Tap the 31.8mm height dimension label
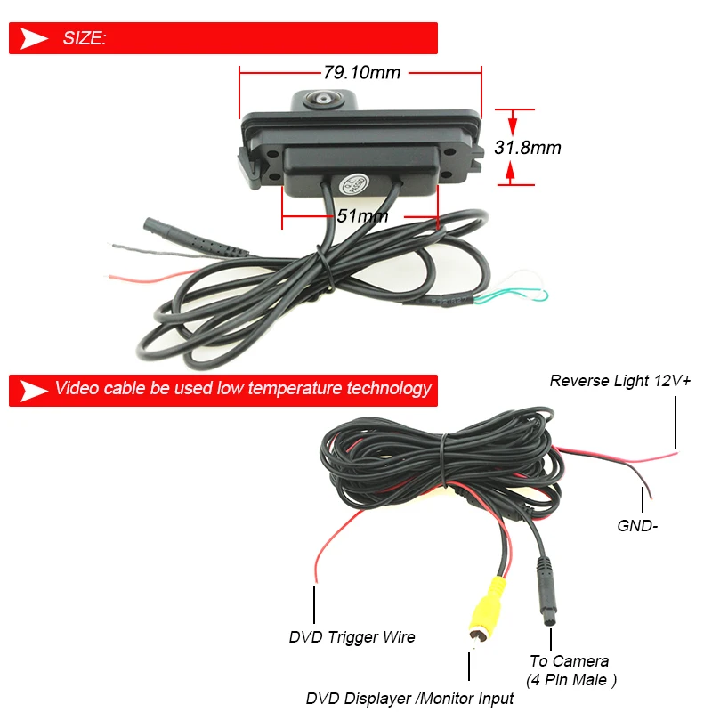coord(528,148)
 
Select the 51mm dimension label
coord(362,215)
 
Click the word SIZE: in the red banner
coord(85,38)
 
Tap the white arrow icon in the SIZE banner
coord(35,38)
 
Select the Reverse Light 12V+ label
coord(620,381)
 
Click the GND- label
coord(637,525)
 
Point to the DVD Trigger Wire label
coord(352,636)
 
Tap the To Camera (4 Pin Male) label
coord(569,670)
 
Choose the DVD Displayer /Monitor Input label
coord(410,699)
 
